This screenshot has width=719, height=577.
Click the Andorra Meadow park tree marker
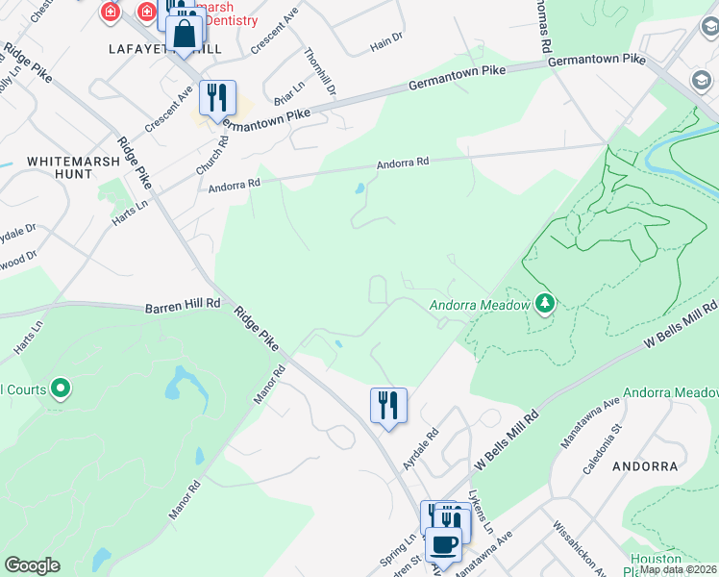point(545,305)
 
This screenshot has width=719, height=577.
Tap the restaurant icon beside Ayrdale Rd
point(388,405)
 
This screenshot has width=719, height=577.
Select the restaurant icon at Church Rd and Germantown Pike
point(217,97)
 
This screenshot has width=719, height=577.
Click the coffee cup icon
point(442,544)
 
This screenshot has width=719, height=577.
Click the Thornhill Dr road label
point(321,71)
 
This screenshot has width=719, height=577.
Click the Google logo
point(32,565)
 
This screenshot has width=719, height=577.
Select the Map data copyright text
point(678,569)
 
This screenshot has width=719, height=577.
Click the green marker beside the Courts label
point(62,389)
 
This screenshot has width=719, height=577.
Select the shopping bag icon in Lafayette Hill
point(183,37)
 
